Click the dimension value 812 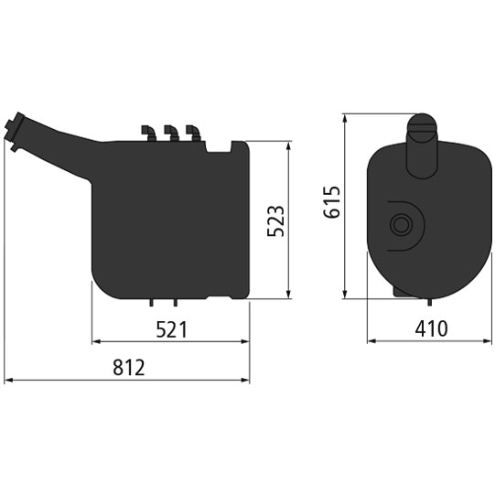129,368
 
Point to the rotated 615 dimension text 332,202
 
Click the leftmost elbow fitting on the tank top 146,133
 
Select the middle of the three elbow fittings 169,133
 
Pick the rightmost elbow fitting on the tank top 192,133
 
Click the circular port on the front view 400,224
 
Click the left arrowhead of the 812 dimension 7,380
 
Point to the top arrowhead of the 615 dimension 345,118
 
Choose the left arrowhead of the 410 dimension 370,342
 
